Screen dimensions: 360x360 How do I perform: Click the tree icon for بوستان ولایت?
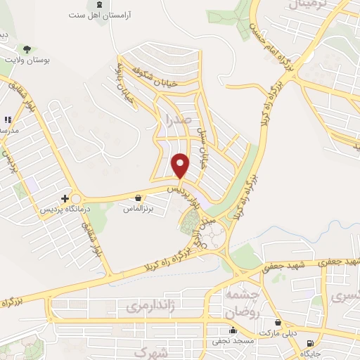pyautogui.click(x=27, y=49)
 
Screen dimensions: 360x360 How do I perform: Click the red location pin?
pyautogui.click(x=181, y=166)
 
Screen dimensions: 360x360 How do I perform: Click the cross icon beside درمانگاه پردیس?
pyautogui.click(x=65, y=199)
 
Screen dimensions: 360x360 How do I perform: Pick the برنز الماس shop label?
pyautogui.click(x=138, y=209)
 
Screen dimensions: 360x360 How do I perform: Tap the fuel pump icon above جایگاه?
pyautogui.click(x=310, y=344)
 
